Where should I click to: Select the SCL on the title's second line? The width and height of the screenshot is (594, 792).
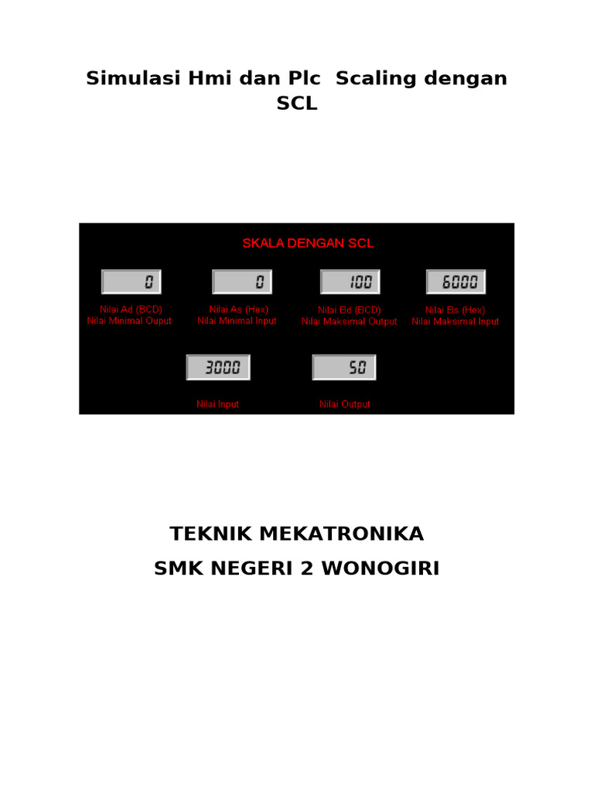(297, 104)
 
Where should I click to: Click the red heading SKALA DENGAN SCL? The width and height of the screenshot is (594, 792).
(308, 243)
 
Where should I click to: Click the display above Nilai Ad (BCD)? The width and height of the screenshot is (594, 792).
(131, 282)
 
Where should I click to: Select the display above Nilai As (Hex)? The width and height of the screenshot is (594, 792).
(242, 282)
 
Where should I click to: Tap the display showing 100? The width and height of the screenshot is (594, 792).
(350, 282)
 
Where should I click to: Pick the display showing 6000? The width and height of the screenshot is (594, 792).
(456, 282)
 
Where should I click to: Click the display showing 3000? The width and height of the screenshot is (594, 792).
(218, 367)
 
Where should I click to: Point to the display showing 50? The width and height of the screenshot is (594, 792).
(344, 367)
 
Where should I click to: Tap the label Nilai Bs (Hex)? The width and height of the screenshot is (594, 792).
(456, 309)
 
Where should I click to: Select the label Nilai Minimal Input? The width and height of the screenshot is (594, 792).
(237, 321)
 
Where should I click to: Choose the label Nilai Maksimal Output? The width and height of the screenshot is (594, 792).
(349, 321)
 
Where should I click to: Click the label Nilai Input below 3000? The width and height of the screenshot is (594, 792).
(217, 405)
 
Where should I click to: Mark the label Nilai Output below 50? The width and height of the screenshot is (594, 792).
(345, 405)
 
